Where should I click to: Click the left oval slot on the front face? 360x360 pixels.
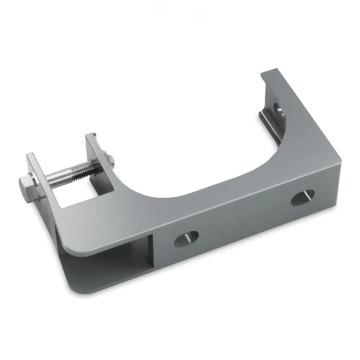184,238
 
